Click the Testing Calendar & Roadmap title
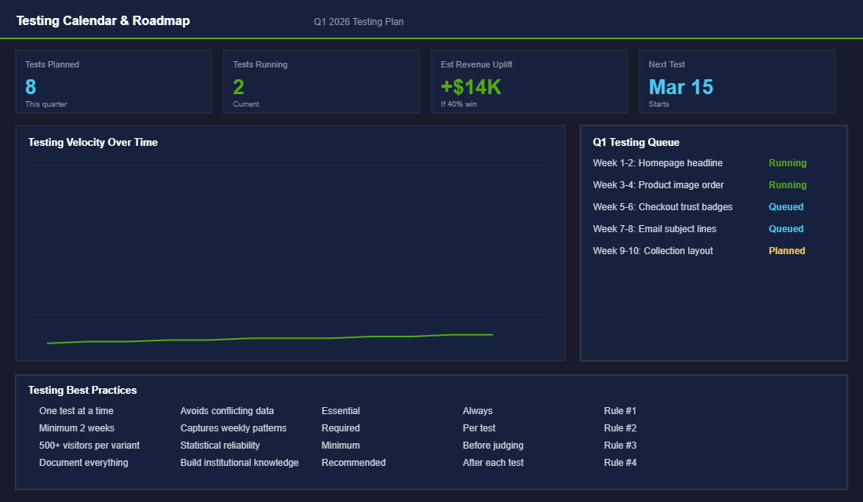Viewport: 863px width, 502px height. [x=103, y=21]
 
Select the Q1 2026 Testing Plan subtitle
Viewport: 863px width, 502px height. [x=359, y=22]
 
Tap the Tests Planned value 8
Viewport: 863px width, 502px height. [x=31, y=86]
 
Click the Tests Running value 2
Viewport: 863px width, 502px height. [x=239, y=86]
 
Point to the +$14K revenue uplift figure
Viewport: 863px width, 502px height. [x=471, y=86]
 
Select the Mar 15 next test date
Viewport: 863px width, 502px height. [x=681, y=86]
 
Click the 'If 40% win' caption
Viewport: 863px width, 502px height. [x=459, y=104]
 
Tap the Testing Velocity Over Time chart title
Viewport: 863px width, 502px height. [x=93, y=142]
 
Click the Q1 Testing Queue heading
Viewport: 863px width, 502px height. [x=636, y=142]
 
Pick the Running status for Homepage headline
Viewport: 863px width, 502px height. [x=788, y=163]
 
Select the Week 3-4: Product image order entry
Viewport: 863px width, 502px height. [x=658, y=185]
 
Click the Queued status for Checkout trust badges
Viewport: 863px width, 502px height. [x=786, y=207]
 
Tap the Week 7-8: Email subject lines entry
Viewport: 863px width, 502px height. [x=654, y=229]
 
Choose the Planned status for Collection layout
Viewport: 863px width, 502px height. [x=787, y=251]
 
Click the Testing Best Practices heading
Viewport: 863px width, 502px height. [x=82, y=390]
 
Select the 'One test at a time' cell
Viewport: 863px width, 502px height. [x=76, y=411]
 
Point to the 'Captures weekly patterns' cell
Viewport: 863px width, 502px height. [x=233, y=428]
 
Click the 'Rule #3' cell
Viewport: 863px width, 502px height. [x=620, y=446]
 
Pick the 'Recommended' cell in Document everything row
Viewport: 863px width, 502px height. [x=353, y=463]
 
